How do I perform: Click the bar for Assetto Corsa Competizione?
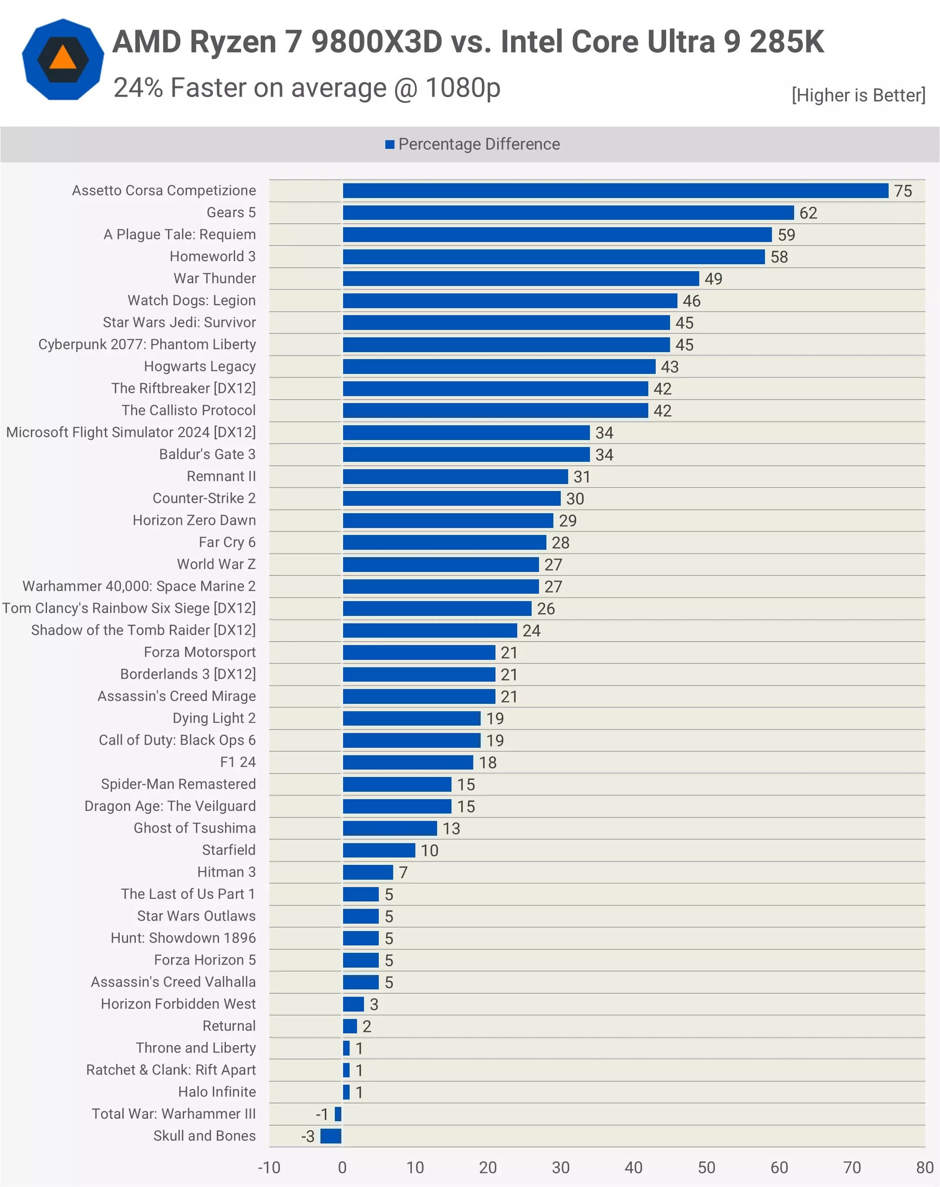(x=615, y=190)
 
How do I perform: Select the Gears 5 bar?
(x=568, y=212)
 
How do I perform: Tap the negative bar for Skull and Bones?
(x=331, y=1135)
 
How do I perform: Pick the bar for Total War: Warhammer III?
(x=338, y=1113)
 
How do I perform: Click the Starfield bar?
(x=379, y=850)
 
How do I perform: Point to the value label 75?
(x=903, y=191)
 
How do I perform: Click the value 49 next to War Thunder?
(x=713, y=279)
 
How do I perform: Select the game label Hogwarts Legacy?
(x=200, y=366)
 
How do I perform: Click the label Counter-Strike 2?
(x=204, y=498)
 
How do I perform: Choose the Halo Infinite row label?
(x=217, y=1091)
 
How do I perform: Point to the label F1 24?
(x=238, y=762)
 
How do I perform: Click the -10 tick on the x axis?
(x=269, y=1167)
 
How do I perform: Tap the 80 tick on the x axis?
(x=925, y=1167)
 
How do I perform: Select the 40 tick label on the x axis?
(x=633, y=1167)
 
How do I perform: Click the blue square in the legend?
(x=390, y=144)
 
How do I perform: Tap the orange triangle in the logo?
(x=63, y=58)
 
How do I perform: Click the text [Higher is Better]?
(x=858, y=95)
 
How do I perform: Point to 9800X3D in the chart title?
(x=377, y=42)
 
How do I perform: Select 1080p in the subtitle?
(x=463, y=87)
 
